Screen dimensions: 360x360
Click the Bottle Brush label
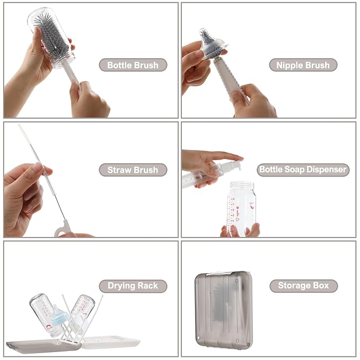pyautogui.click(x=133, y=65)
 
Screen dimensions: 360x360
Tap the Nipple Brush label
pyautogui.click(x=303, y=65)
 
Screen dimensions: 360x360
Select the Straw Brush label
pyautogui.click(x=133, y=170)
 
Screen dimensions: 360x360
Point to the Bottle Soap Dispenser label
pyautogui.click(x=303, y=170)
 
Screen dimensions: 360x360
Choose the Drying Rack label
pyautogui.click(x=133, y=286)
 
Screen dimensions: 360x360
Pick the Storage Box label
pyautogui.click(x=303, y=286)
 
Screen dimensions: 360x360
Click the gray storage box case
pyautogui.click(x=223, y=309)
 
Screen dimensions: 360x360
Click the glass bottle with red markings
pyautogui.click(x=241, y=208)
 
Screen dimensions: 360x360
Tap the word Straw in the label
pyautogui.click(x=119, y=170)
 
